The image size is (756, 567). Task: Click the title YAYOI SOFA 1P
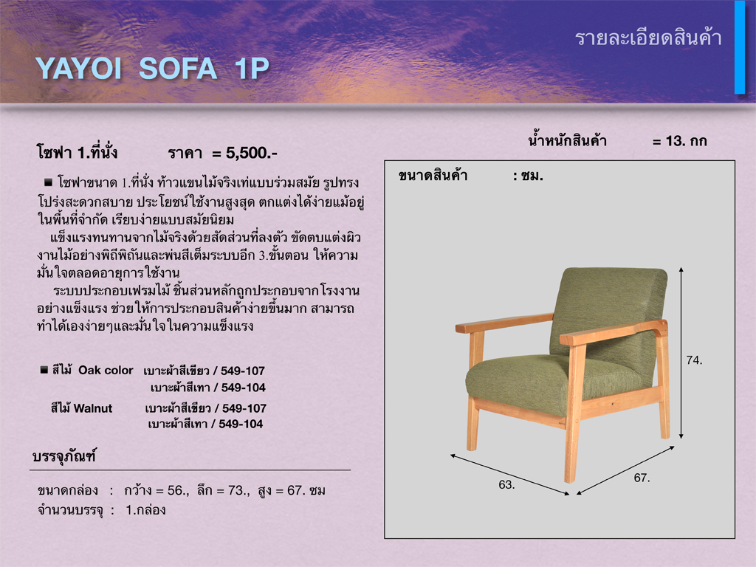tap(152, 69)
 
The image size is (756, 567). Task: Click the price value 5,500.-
tap(252, 153)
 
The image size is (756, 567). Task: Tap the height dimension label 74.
tap(694, 360)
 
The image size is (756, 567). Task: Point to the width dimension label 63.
tap(506, 484)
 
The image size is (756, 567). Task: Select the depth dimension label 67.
tap(642, 478)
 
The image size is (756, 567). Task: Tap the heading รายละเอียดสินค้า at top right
tap(648, 38)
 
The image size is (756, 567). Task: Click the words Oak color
tap(106, 371)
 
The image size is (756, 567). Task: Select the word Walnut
tap(93, 408)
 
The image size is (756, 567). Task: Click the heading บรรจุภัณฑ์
tap(64, 456)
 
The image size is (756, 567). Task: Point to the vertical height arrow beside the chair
tap(681, 353)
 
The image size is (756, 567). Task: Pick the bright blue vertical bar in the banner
tap(740, 47)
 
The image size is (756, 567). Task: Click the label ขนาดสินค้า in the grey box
tap(433, 176)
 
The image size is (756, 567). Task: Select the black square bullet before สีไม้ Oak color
tap(44, 370)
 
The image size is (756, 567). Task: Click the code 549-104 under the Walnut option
tap(241, 425)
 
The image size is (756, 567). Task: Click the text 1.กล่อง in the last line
tap(145, 510)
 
